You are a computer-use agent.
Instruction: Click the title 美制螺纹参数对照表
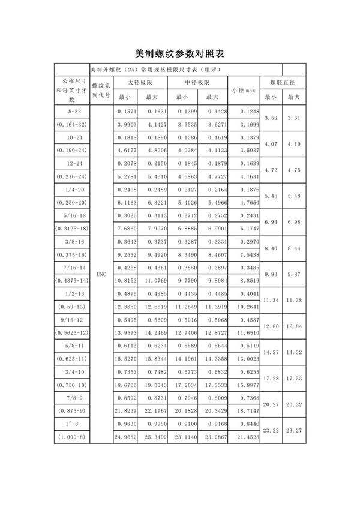[x=180, y=53]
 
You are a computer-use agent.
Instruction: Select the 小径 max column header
[x=244, y=90]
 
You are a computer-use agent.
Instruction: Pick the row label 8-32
[x=71, y=112]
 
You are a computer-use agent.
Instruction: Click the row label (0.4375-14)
[x=71, y=281]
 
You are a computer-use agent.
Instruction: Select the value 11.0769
[x=155, y=281]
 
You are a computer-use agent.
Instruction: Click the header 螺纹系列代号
[x=100, y=91]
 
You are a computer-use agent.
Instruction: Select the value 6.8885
[x=182, y=229]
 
